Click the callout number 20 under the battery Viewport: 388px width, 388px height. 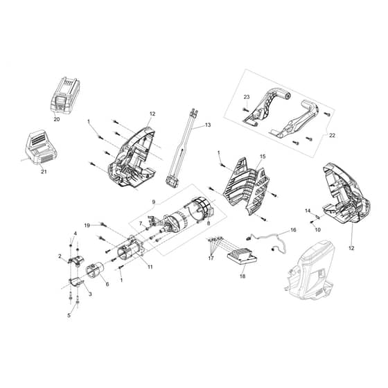coord(57,119)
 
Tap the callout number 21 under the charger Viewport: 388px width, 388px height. coord(44,172)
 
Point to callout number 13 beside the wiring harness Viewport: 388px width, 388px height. coord(208,125)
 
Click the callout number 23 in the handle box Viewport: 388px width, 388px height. coord(247,97)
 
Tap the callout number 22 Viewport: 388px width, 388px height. coord(332,135)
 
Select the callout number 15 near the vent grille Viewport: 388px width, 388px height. coord(263,157)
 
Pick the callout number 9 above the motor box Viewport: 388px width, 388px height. coord(154,202)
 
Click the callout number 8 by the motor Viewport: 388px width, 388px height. coord(209,223)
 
